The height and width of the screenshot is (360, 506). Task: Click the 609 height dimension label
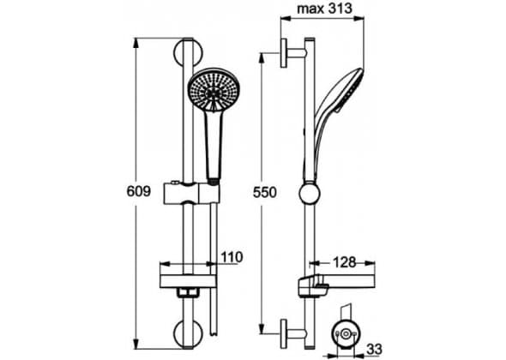pos(139,191)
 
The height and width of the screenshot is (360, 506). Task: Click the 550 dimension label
pos(265,192)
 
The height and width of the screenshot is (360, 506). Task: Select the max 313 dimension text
pos(324,9)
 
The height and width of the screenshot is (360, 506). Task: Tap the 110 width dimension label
pos(232,257)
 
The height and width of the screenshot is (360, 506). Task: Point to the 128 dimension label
pos(344,262)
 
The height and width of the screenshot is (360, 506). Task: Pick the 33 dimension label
pos(375,349)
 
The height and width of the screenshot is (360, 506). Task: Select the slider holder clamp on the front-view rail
pos(192,193)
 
